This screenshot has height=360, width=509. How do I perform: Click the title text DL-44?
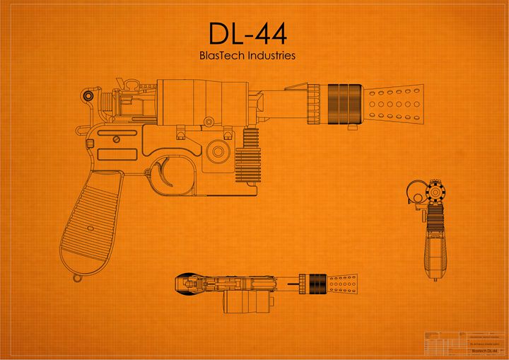(247, 33)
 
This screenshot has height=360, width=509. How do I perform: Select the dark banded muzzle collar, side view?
(344, 104)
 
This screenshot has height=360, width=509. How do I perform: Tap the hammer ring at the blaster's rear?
(88, 95)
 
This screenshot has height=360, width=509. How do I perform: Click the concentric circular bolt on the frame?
(218, 151)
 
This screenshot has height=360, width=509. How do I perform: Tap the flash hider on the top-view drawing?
(342, 284)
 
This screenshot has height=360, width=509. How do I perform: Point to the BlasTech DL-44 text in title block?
(484, 351)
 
